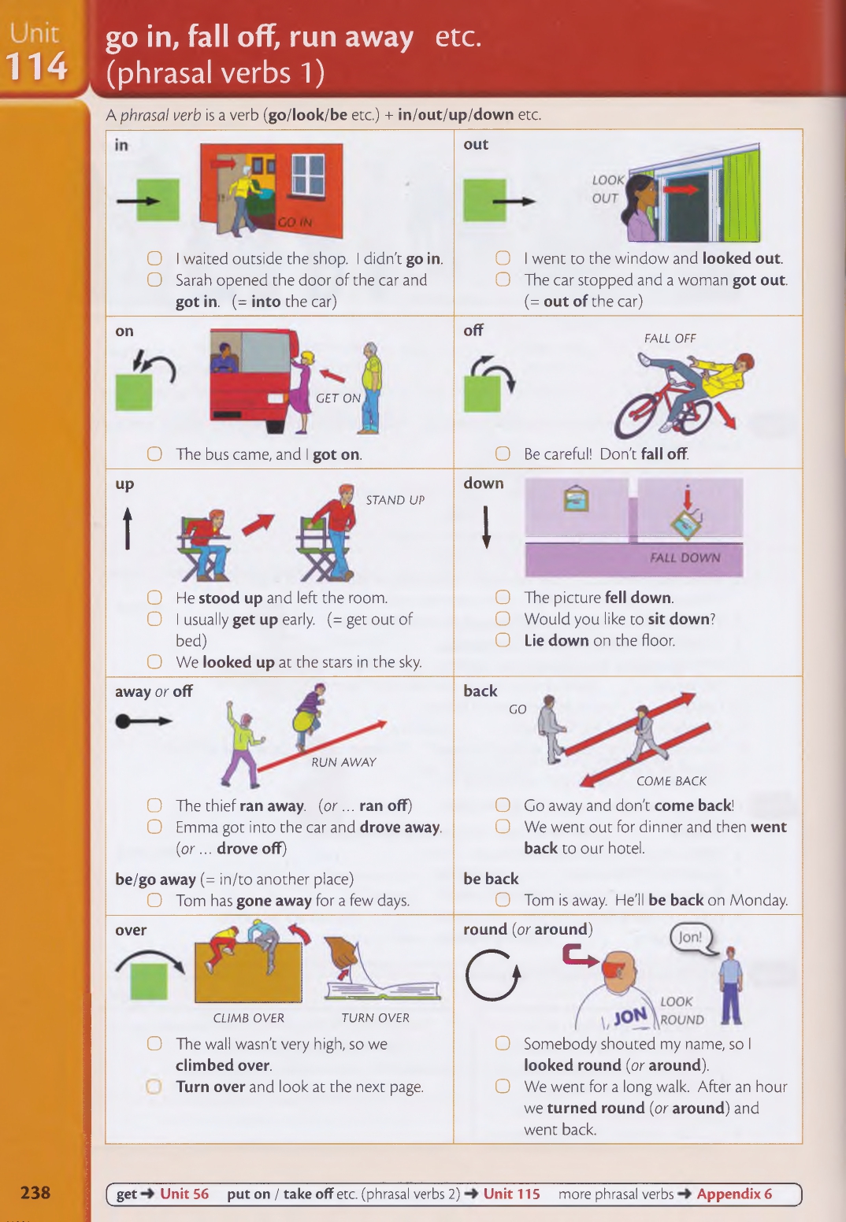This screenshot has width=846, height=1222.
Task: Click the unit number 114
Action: coord(36,67)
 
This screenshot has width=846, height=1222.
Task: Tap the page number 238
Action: coord(35,1193)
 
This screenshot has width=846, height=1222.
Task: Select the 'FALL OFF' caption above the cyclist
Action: coord(670,339)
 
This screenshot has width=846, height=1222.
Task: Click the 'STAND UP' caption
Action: coord(395,500)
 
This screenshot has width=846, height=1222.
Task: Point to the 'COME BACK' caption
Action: coord(671,780)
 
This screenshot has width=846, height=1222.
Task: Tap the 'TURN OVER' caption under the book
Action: coord(376,1017)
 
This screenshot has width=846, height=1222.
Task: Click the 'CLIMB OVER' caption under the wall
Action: coord(248,1017)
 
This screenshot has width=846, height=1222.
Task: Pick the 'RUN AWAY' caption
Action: coord(344,762)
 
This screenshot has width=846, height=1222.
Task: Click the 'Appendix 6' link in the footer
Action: coord(734,1194)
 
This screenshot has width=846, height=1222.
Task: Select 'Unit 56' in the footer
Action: coord(184,1194)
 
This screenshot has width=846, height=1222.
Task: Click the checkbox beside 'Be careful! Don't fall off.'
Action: coord(503,454)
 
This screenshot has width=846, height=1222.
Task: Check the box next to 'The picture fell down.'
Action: coord(503,598)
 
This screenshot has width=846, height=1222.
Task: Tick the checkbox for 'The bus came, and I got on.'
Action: coord(154,454)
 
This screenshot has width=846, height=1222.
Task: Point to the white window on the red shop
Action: coord(308,175)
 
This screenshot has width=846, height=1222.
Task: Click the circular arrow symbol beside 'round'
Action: coord(492,976)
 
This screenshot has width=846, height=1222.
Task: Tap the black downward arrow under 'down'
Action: coord(486,527)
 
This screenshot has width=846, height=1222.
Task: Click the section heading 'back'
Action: coord(481,691)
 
